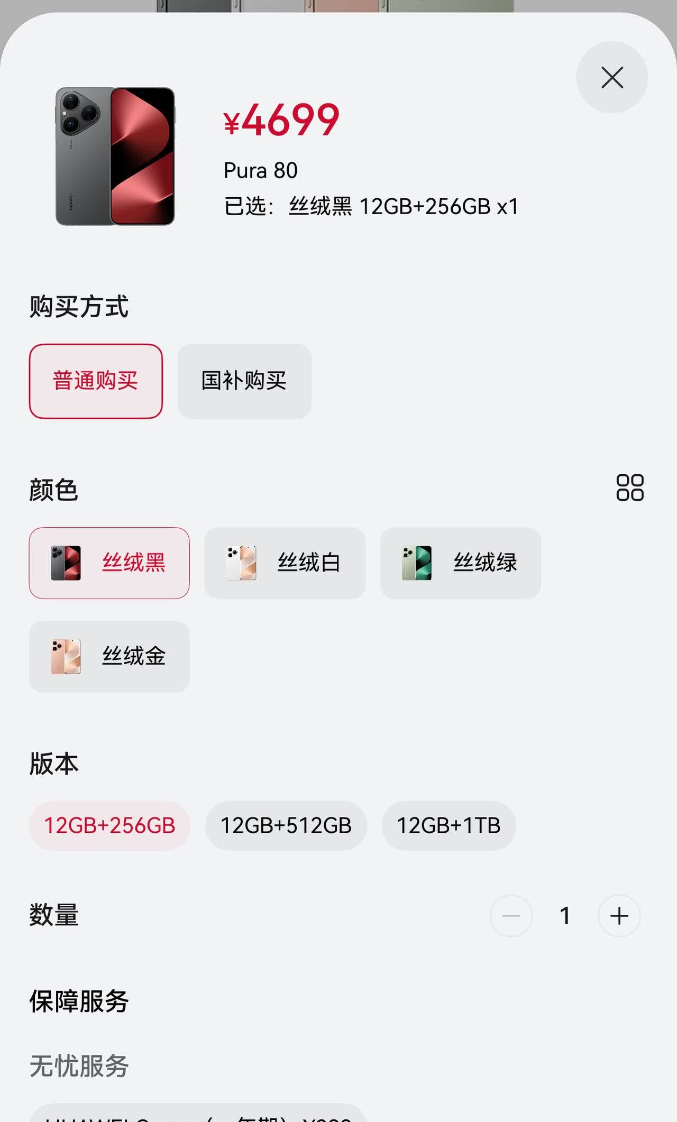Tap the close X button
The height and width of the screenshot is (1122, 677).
(612, 78)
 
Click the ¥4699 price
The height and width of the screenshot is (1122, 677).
(281, 120)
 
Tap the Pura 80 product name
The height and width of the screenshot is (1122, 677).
(260, 171)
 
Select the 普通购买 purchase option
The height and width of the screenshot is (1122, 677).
(96, 381)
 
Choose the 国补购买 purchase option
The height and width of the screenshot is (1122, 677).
(244, 381)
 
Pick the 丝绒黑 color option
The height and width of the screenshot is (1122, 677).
(109, 563)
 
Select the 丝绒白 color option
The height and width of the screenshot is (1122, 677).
(285, 563)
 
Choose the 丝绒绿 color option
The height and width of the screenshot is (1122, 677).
(460, 563)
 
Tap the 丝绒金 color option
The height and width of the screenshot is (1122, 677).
(109, 656)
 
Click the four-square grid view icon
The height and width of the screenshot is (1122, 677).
(630, 488)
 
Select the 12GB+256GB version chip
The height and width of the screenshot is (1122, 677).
(109, 825)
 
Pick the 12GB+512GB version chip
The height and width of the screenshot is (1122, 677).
(286, 825)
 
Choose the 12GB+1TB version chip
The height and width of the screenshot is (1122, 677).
(449, 825)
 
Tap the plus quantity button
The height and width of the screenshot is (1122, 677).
(619, 916)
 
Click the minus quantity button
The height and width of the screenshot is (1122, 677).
(511, 916)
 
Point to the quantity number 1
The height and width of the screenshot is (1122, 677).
(565, 916)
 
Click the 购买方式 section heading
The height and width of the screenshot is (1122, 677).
(79, 307)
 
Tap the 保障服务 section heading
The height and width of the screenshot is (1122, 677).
(79, 1001)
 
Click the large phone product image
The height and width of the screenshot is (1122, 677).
(115, 157)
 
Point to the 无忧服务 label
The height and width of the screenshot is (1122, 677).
(79, 1066)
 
